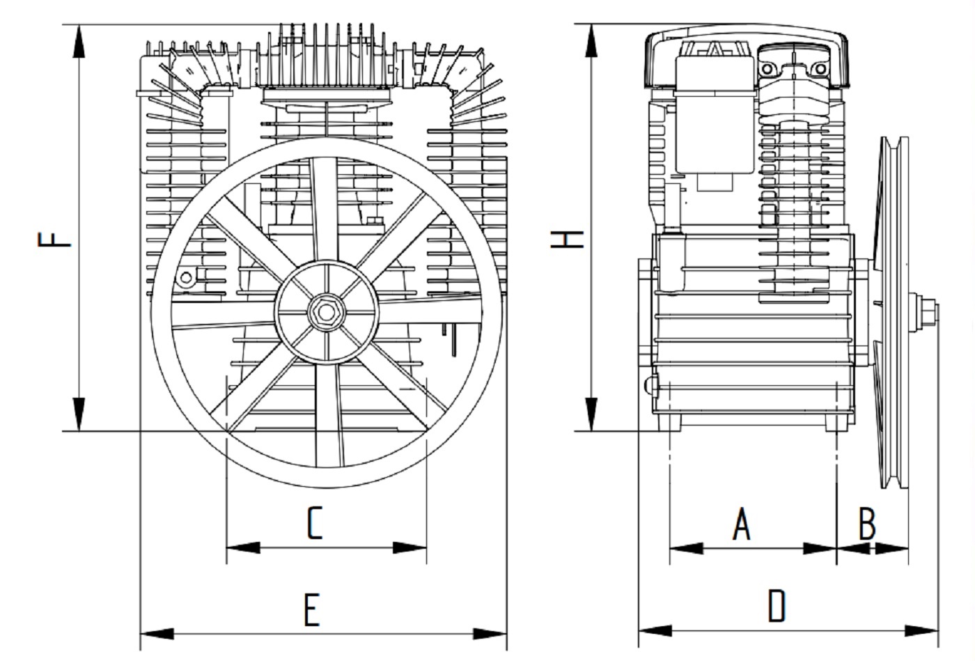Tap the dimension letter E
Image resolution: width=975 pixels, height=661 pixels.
pyautogui.click(x=311, y=611)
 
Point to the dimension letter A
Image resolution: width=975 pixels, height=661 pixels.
pyautogui.click(x=742, y=524)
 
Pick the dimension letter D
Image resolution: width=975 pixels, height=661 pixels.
pyautogui.click(x=776, y=606)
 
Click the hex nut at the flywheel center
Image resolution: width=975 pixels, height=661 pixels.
pyautogui.click(x=326, y=310)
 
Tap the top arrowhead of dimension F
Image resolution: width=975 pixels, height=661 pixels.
pyautogui.click(x=79, y=42)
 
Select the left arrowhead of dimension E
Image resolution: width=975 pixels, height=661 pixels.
pyautogui.click(x=157, y=634)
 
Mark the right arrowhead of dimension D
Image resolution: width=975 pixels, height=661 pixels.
pyautogui.click(x=922, y=631)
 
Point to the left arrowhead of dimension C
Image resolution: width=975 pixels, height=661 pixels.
pyautogui.click(x=243, y=547)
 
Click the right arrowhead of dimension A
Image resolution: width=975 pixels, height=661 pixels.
pyautogui.click(x=820, y=548)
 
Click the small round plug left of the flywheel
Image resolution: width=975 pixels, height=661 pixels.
pyautogui.click(x=186, y=278)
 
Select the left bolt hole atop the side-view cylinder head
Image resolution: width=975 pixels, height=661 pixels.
pyautogui.click(x=768, y=70)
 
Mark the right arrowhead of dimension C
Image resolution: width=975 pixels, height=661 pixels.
pyautogui.click(x=410, y=547)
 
